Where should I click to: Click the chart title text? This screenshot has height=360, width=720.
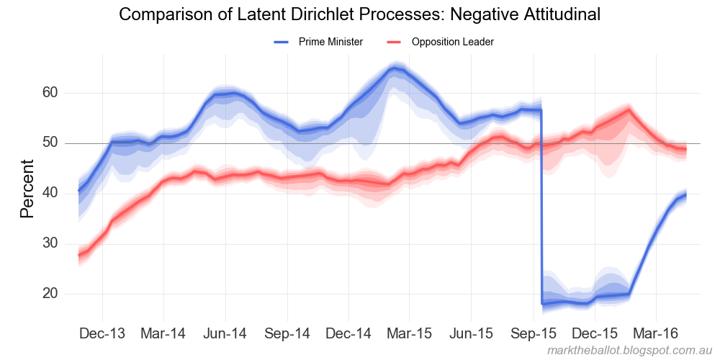pos(359,14)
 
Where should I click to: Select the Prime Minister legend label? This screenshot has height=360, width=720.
pos(330,42)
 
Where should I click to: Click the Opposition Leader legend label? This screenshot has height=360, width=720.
pos(452,42)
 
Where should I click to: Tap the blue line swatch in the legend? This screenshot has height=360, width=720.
pos(282,42)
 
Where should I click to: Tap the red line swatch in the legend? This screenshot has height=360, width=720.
pos(395,42)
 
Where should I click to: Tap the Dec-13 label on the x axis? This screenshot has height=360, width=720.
pos(102,334)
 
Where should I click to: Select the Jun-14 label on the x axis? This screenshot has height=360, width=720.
pos(225,334)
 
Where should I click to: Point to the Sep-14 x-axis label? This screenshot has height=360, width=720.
pos(287,334)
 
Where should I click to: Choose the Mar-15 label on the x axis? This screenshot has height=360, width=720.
pos(409,334)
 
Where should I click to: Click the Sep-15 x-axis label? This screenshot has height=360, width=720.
pos(534,334)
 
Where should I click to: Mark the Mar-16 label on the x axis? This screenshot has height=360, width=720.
pos(655,334)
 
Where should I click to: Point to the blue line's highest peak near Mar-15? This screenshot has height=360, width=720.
pos(393,69)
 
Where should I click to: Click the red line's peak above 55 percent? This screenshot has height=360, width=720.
pos(629,110)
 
